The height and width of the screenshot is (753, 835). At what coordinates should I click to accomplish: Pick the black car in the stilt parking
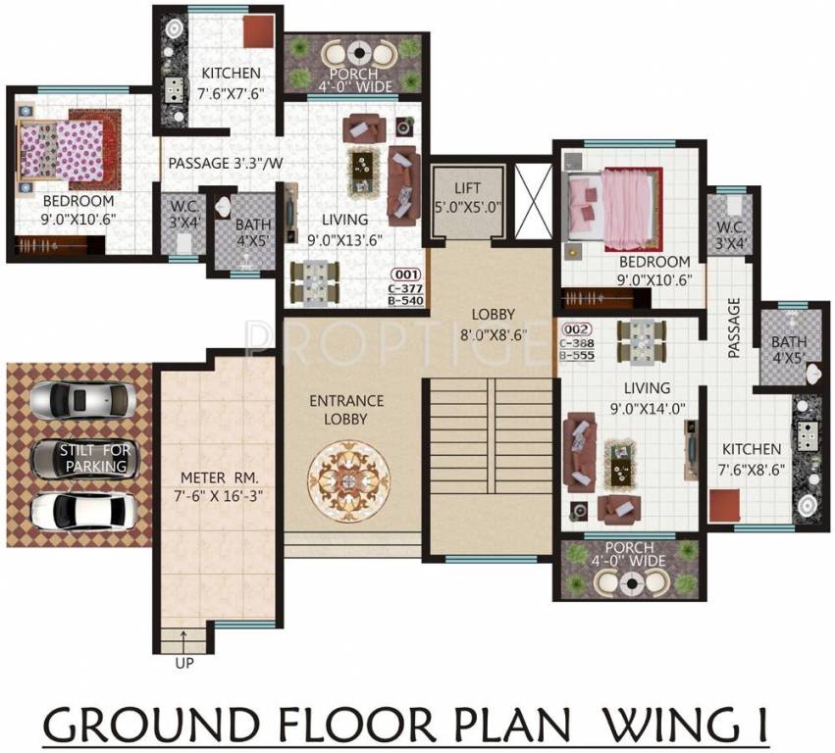point(84,458)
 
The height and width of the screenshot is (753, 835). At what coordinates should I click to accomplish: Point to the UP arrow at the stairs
point(184,643)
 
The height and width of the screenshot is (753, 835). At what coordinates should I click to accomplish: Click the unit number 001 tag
point(406,275)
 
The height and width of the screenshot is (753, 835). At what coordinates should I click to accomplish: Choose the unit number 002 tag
point(576,330)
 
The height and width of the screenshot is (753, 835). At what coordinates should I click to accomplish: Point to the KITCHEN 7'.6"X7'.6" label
point(232,83)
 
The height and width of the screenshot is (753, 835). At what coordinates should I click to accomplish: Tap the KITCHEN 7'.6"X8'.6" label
point(747,459)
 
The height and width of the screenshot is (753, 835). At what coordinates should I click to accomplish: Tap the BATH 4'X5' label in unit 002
point(789,351)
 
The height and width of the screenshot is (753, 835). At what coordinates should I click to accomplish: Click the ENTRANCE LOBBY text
point(346,410)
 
